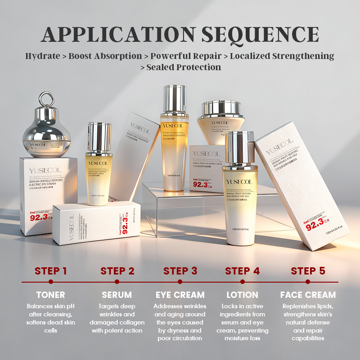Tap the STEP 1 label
coord(51,271)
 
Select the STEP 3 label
coord(180,271)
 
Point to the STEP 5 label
coord(308,271)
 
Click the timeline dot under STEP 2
coord(117,282)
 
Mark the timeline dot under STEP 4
coord(243,282)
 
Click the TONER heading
coord(51,295)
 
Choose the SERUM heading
coord(117,295)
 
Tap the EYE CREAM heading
coord(180,295)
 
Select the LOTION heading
coord(243,295)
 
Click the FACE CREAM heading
coord(308,295)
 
